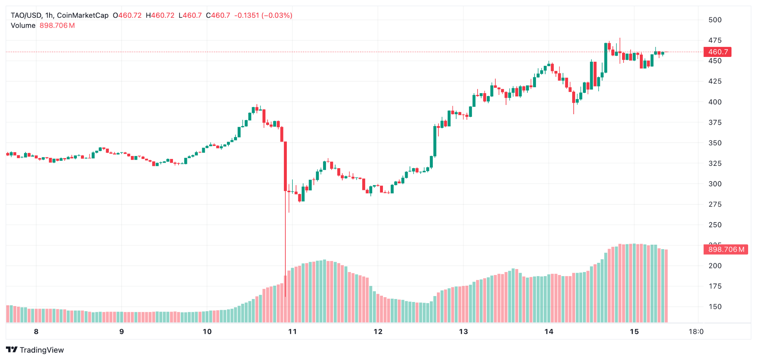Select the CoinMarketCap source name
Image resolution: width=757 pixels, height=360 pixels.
pyautogui.click(x=83, y=16)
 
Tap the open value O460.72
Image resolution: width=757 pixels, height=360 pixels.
pyautogui.click(x=127, y=16)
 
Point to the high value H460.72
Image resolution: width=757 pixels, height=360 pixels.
pyautogui.click(x=160, y=16)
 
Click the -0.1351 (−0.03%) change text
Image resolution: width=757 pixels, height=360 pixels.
pyautogui.click(x=263, y=16)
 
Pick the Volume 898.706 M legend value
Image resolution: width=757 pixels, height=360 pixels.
pyautogui.click(x=57, y=26)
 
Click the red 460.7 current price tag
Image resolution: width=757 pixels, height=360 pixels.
pyautogui.click(x=717, y=52)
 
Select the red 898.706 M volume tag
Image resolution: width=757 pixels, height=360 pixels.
pyautogui.click(x=726, y=249)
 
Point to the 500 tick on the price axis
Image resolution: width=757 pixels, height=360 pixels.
pyautogui.click(x=715, y=20)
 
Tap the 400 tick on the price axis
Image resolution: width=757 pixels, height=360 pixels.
pyautogui.click(x=715, y=102)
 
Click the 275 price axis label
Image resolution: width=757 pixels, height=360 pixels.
pyautogui.click(x=715, y=204)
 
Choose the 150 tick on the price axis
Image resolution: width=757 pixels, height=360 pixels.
pyautogui.click(x=715, y=307)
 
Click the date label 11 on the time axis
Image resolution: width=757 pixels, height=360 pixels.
pyautogui.click(x=292, y=332)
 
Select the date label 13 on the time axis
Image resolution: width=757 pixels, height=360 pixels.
pyautogui.click(x=463, y=332)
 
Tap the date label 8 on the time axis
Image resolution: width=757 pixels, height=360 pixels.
pyautogui.click(x=36, y=332)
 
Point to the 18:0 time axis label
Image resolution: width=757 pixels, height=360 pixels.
pyautogui.click(x=696, y=332)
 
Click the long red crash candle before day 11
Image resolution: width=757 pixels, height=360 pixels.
pyautogui.click(x=285, y=166)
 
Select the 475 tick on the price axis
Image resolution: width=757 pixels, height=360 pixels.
pyautogui.click(x=715, y=40)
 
